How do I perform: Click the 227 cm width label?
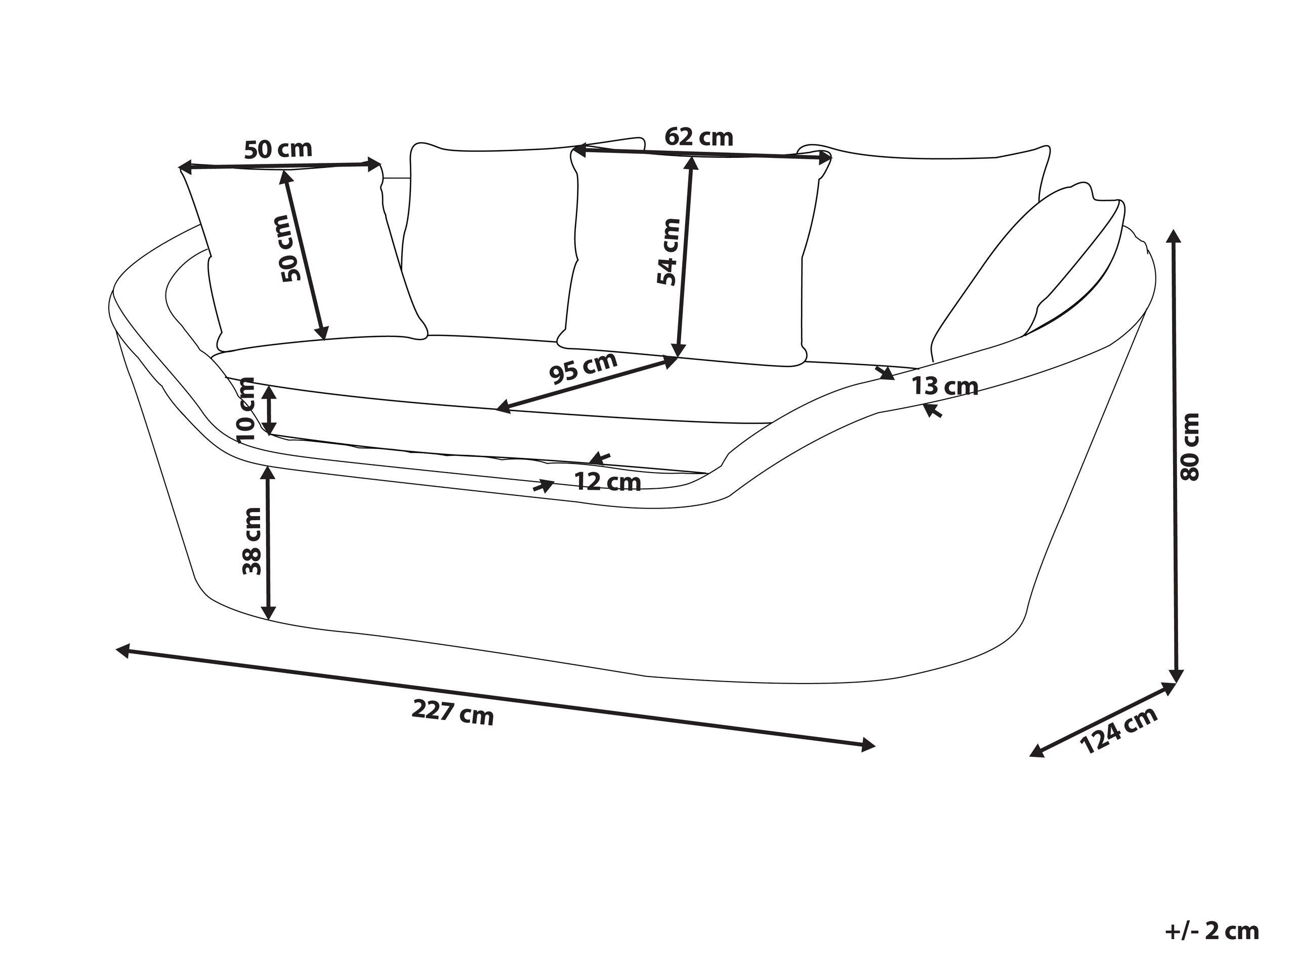click(x=452, y=713)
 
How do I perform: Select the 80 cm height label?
click(x=1189, y=447)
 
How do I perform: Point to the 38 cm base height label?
click(x=253, y=540)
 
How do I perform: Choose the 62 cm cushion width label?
click(x=698, y=137)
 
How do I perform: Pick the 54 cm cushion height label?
click(x=668, y=251)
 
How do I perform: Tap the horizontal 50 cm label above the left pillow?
click(x=278, y=149)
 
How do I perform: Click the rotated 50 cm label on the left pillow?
click(x=291, y=248)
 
